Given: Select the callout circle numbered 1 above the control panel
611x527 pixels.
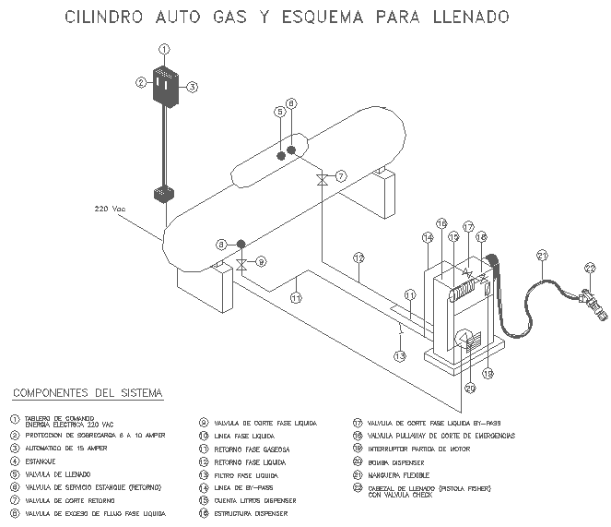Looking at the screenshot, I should point(164,49).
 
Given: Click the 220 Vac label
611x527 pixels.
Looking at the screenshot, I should point(110,209).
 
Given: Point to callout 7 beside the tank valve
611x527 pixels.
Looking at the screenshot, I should point(340,175).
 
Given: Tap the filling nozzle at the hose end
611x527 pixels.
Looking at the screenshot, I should point(589,302).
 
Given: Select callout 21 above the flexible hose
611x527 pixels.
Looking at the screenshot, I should point(542,256).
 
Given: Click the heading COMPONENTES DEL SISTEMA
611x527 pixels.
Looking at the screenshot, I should point(88,393).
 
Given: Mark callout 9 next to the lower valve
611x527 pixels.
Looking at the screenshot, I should point(261,262).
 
